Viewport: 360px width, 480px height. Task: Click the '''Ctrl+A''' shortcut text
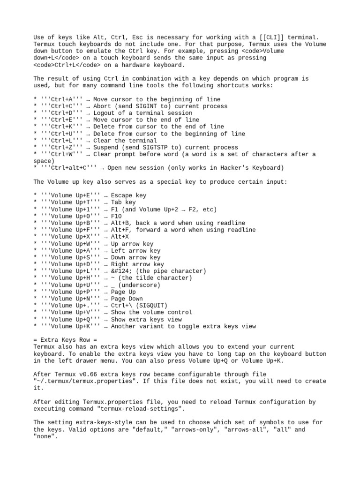(61, 99)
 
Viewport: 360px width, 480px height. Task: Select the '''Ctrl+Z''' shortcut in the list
(61, 147)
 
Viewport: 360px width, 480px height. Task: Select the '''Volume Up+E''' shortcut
(70, 195)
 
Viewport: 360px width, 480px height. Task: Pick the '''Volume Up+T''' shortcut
(70, 202)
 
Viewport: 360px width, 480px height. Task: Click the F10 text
(116, 216)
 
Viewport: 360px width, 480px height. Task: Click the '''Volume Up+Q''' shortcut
(70, 319)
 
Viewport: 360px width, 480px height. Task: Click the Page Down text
(127, 299)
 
